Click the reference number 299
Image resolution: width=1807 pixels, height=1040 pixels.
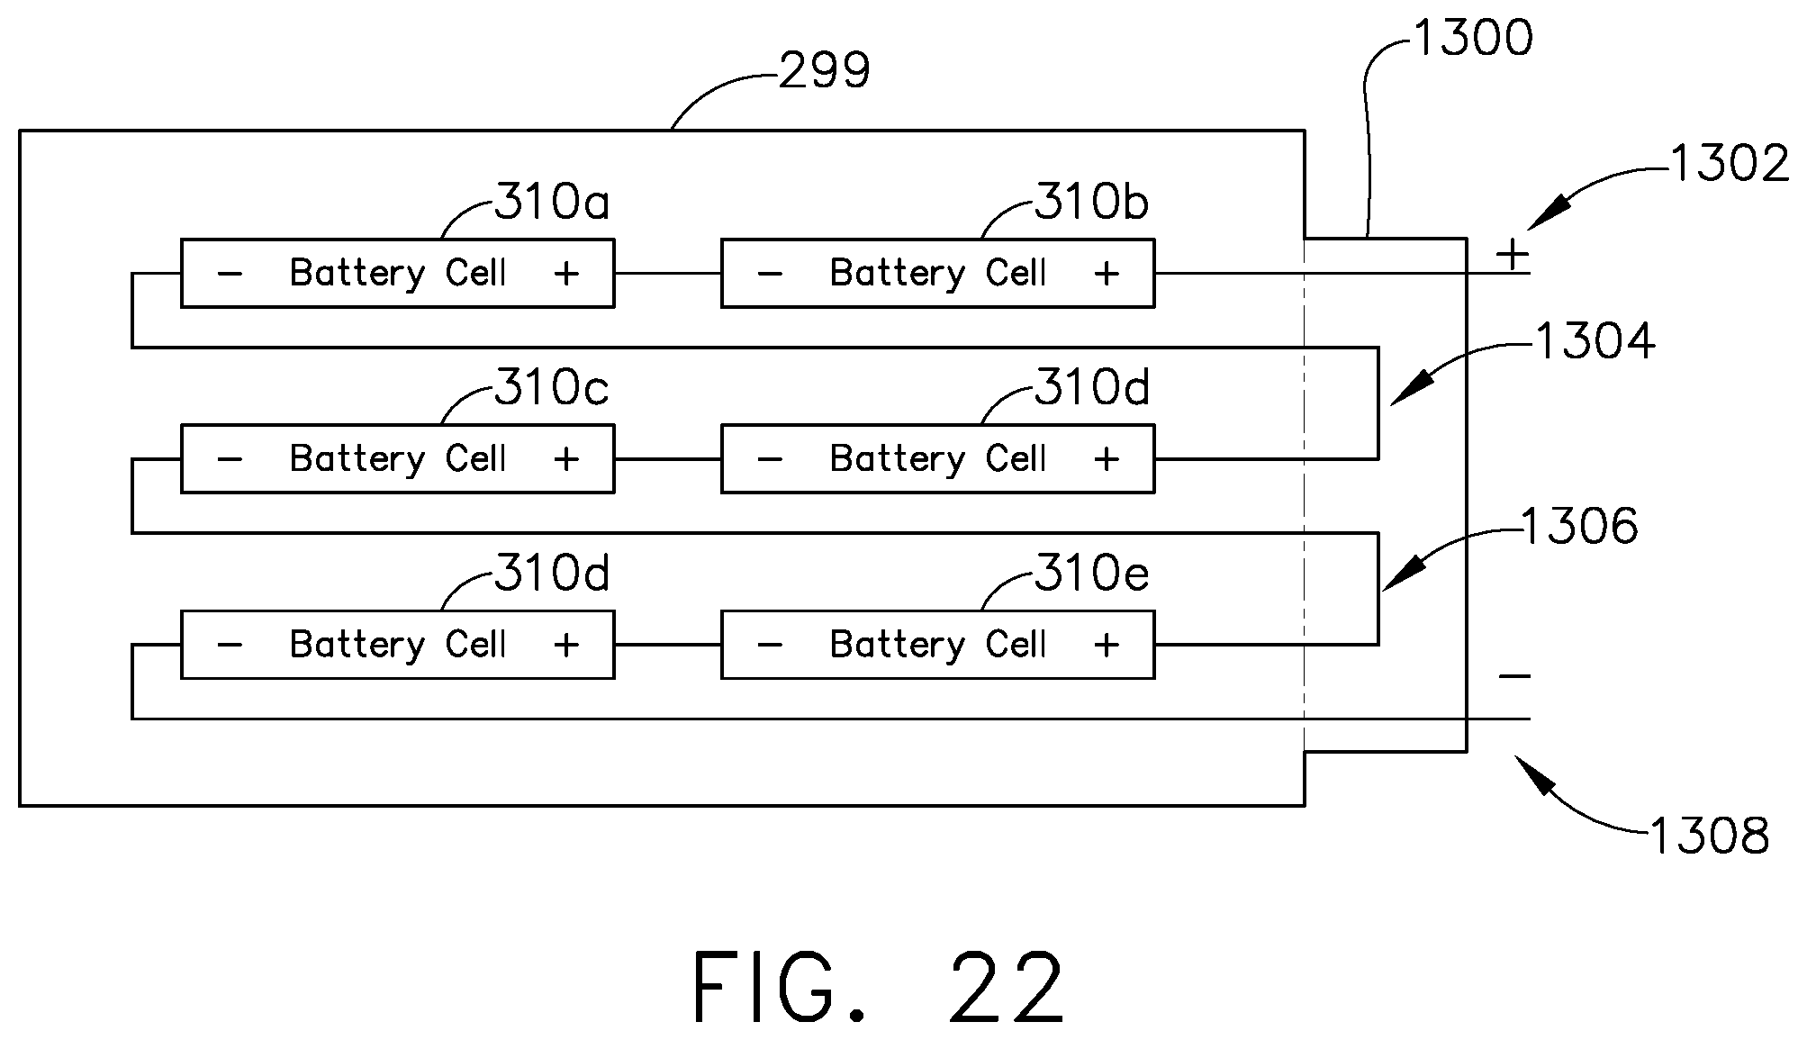coord(825,71)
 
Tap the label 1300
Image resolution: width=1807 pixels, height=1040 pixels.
coord(1474,39)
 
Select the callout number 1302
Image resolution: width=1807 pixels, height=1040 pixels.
coord(1730,164)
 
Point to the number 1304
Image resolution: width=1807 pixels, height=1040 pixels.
coord(1595,341)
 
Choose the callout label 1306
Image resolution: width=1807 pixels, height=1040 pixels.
coord(1580,526)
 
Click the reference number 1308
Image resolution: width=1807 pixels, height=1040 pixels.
coord(1709,837)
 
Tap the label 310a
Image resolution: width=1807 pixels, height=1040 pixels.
coord(552,202)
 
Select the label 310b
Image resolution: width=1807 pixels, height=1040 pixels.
coord(1091,202)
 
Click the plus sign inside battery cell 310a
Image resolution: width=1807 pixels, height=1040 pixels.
coord(566,273)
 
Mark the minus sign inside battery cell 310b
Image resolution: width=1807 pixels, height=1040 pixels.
coord(770,273)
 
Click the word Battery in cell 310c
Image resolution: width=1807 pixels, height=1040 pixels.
coord(357,459)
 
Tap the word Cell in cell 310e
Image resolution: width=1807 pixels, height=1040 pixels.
coord(1016,644)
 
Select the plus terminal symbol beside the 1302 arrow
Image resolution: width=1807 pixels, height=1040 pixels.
coord(1513,255)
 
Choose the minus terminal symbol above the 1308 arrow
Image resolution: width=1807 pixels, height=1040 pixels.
coord(1514,676)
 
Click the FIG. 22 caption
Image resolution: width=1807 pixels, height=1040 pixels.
coord(878,988)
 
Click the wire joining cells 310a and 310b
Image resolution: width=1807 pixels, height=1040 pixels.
coord(668,273)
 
